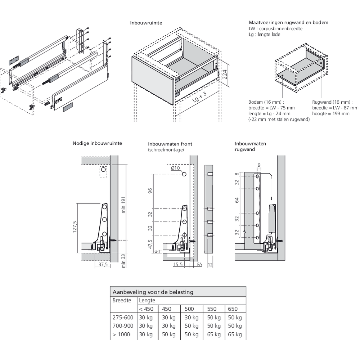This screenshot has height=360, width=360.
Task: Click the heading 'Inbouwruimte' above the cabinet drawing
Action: (x=146, y=23)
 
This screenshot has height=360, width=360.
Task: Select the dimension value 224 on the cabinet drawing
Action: (x=225, y=75)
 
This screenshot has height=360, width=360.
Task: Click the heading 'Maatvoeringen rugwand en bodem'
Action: (x=288, y=22)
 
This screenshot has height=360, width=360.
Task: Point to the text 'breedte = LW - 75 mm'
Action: (x=271, y=108)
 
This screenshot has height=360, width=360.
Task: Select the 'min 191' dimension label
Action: (x=123, y=205)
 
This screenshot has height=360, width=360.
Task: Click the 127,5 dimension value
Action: (x=75, y=227)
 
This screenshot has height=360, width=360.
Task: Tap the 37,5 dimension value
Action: (x=103, y=265)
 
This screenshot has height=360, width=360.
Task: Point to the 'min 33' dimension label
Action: (x=123, y=261)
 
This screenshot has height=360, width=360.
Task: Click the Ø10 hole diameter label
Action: (x=175, y=168)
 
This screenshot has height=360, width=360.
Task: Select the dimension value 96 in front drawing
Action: (x=150, y=191)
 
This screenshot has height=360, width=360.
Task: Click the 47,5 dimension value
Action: (x=150, y=244)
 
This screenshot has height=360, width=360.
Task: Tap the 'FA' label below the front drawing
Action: (x=199, y=265)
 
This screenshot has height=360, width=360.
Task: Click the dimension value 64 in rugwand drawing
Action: (x=237, y=200)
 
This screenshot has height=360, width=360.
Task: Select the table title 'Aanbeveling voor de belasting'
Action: (x=153, y=292)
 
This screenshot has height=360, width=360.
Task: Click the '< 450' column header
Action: (x=146, y=309)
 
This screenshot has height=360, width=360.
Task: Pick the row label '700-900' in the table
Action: (x=123, y=326)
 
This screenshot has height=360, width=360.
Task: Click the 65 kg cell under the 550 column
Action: (x=214, y=334)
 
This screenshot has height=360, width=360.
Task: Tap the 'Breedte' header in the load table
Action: (x=122, y=300)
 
